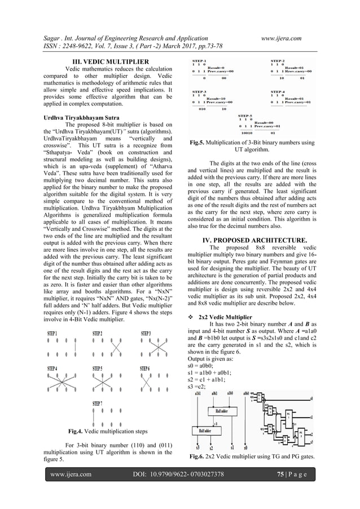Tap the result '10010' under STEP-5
[x=248, y=133]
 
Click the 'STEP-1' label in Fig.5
[x=199, y=60]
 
